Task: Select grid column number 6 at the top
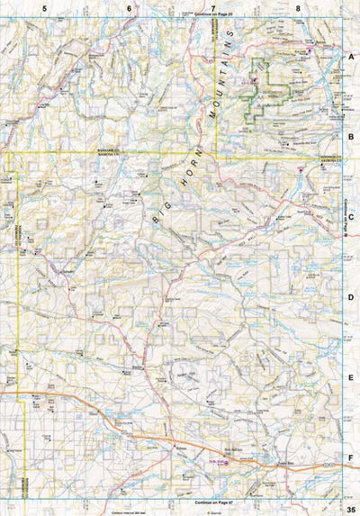pos(130,7)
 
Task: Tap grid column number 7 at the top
pos(213,7)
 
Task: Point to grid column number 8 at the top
pos(298,7)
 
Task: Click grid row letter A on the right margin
pos(352,55)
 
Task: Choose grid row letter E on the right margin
pos(352,377)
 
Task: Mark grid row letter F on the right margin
pos(352,457)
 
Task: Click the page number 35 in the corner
pos(349,509)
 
